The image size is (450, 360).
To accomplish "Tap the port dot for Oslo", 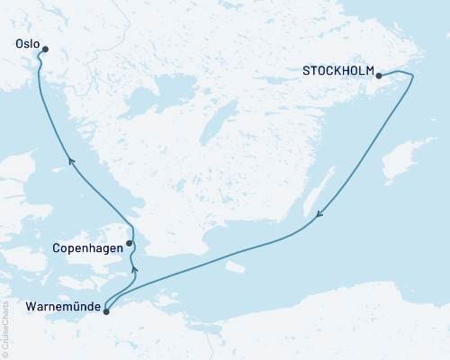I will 45,50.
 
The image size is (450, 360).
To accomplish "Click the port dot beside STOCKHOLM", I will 378,76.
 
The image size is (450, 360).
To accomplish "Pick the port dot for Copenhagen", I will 130,243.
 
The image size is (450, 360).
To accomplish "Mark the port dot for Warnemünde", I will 106,311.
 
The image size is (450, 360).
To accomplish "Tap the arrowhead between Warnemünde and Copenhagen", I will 133,268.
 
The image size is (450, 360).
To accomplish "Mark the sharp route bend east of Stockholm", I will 413,78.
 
